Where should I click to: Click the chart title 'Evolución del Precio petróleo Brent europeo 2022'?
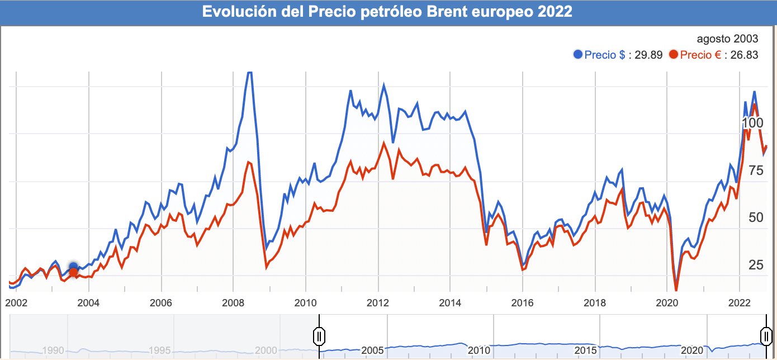[x=387, y=12]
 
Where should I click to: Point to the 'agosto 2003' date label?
[x=727, y=39]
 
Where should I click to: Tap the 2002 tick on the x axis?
[x=16, y=302]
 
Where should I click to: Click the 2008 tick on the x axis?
[x=233, y=302]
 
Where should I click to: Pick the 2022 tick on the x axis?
[x=740, y=302]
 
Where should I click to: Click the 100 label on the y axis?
[x=752, y=123]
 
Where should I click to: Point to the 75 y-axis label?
[x=756, y=171]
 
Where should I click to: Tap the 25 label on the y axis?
[x=756, y=265]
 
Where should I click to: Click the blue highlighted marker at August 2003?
[x=73, y=267]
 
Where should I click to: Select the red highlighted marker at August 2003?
[x=73, y=272]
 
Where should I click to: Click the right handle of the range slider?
[x=765, y=335]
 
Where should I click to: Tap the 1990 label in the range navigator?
[x=53, y=350]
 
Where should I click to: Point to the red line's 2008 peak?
[x=248, y=162]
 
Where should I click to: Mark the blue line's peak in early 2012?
[x=384, y=85]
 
